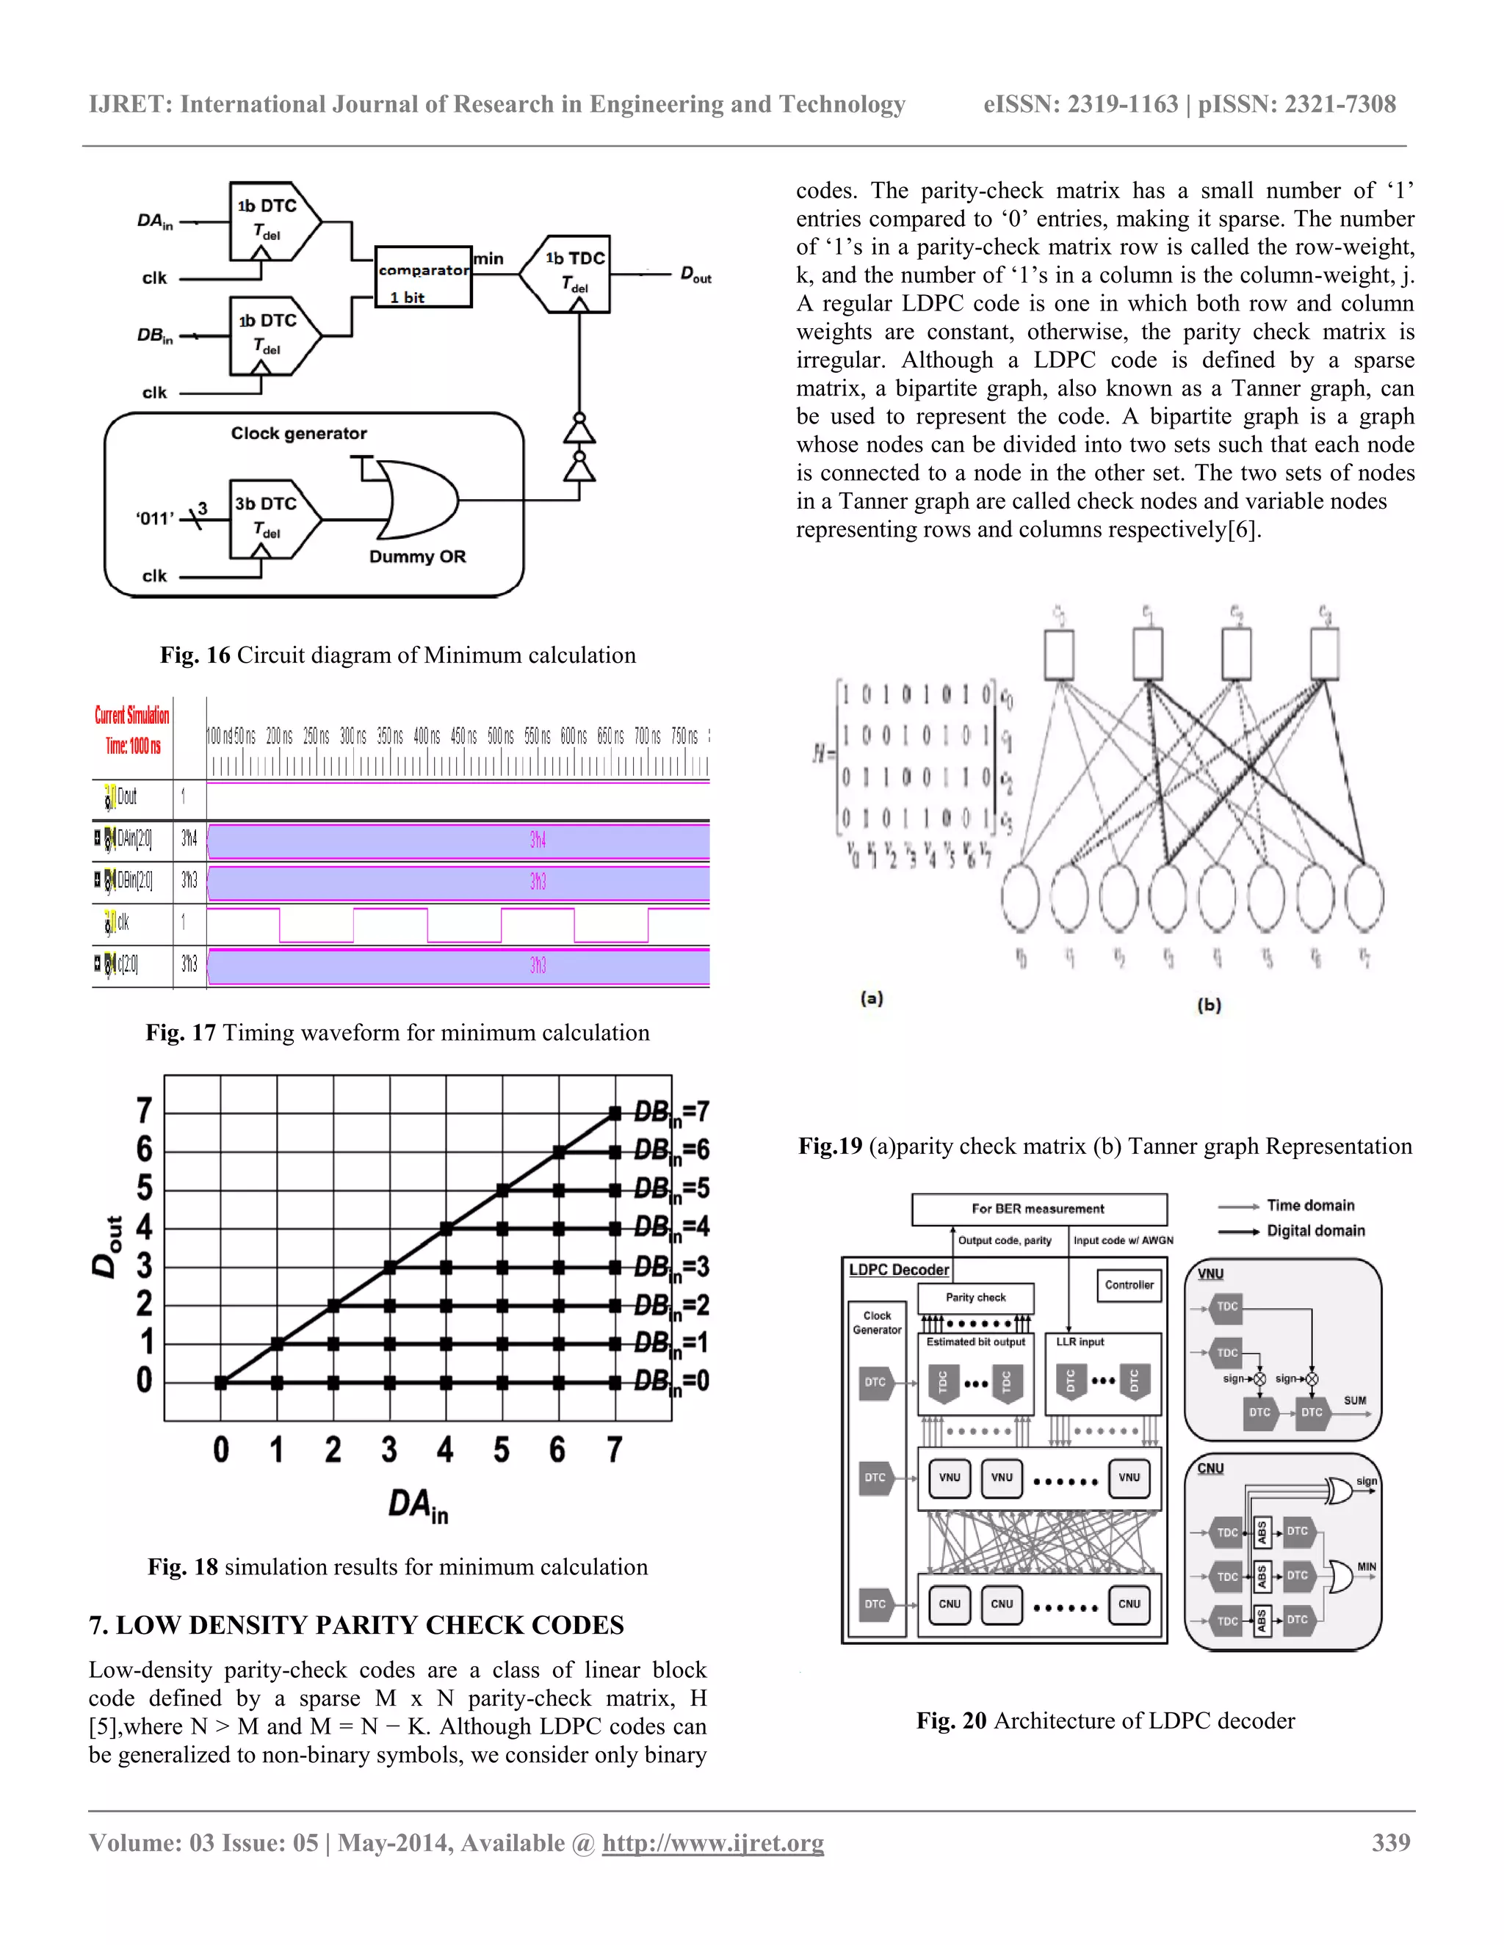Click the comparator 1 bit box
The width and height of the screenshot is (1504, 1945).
point(423,277)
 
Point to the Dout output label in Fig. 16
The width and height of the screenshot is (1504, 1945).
point(696,275)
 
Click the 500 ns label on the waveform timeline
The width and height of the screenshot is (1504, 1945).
point(500,735)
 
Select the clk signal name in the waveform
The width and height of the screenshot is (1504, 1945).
point(123,923)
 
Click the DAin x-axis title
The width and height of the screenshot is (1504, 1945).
point(418,1505)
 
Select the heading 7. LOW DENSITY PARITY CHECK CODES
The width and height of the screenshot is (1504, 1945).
point(356,1625)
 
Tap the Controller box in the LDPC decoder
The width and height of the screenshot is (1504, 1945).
point(1129,1285)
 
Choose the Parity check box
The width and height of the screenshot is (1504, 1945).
point(976,1298)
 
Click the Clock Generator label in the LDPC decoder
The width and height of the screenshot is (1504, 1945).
point(877,1323)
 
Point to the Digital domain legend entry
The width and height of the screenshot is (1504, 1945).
point(1315,1231)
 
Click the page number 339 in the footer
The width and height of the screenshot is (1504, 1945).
point(1391,1842)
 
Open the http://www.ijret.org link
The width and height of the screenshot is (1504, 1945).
point(713,1842)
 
